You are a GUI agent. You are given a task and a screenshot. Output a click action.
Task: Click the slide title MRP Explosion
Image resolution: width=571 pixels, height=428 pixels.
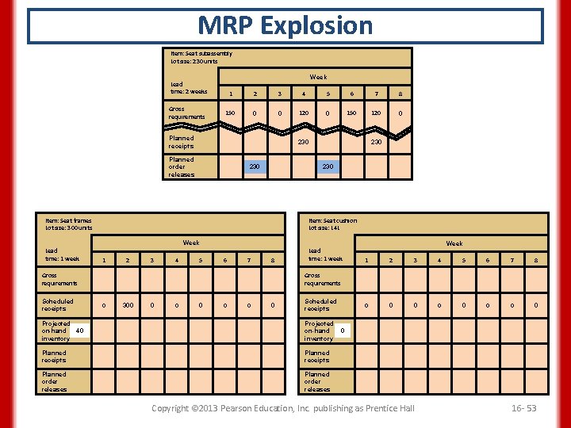pyautogui.click(x=285, y=25)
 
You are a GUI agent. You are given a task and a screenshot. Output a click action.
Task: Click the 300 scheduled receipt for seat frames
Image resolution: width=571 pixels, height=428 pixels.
pyautogui.click(x=128, y=304)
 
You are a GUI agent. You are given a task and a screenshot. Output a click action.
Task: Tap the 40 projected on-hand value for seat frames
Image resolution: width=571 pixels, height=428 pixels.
pyautogui.click(x=79, y=331)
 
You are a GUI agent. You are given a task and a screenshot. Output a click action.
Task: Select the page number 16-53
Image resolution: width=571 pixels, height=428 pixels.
pyautogui.click(x=523, y=407)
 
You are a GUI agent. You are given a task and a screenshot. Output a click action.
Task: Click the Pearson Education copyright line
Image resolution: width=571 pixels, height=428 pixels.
pyautogui.click(x=283, y=407)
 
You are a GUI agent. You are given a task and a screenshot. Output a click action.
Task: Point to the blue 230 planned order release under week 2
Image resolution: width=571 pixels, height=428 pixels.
pyautogui.click(x=254, y=166)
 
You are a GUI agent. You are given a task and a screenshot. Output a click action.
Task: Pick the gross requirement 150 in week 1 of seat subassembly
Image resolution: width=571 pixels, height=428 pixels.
pyautogui.click(x=230, y=113)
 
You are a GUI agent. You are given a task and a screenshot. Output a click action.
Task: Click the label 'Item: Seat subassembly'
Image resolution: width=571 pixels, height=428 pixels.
pyautogui.click(x=201, y=54)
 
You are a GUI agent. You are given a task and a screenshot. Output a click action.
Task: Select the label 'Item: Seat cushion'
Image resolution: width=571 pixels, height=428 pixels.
pyautogui.click(x=332, y=220)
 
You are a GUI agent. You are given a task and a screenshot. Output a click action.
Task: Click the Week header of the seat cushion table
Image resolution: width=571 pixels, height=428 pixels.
pyautogui.click(x=454, y=243)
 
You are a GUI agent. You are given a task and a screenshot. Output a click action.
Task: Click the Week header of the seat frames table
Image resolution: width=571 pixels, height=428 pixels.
pyautogui.click(x=191, y=243)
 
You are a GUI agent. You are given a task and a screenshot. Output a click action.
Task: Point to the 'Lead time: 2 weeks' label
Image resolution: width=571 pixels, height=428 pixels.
pyautogui.click(x=189, y=87)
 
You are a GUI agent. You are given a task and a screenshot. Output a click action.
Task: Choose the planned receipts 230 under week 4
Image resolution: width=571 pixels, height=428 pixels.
pyautogui.click(x=302, y=142)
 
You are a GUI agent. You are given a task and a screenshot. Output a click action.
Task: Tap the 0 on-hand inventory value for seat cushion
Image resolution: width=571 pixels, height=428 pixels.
pyautogui.click(x=342, y=331)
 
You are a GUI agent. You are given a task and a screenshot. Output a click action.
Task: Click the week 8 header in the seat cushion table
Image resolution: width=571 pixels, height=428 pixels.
pyautogui.click(x=536, y=261)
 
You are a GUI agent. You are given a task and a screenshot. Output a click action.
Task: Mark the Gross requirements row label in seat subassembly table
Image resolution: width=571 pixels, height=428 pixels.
pyautogui.click(x=186, y=113)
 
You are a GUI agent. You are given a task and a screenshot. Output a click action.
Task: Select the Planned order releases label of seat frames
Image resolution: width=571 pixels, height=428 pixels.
pyautogui.click(x=55, y=381)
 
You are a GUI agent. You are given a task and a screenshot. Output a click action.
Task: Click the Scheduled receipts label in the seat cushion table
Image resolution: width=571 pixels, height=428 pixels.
pyautogui.click(x=320, y=304)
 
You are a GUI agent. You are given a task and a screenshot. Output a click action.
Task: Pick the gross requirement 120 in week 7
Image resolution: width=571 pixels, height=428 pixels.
pyautogui.click(x=377, y=113)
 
